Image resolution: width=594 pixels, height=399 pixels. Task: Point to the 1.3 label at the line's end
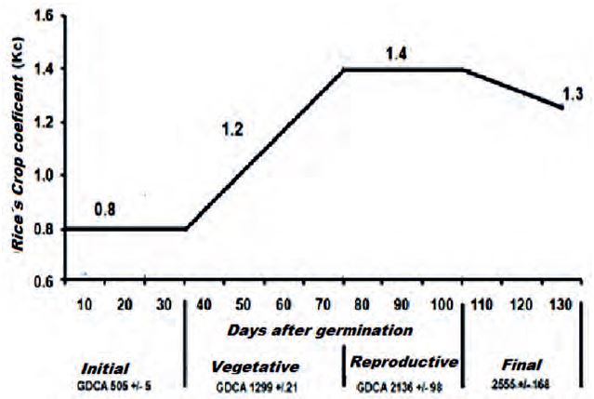coord(574,91)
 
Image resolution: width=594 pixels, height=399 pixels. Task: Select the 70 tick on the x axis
coord(323,305)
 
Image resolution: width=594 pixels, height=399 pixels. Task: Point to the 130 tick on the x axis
coord(561,305)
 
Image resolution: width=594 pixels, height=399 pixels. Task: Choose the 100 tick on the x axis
coord(442,305)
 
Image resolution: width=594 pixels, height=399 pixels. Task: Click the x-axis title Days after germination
coord(318,330)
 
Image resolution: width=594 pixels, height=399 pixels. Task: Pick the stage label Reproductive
coord(403,362)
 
